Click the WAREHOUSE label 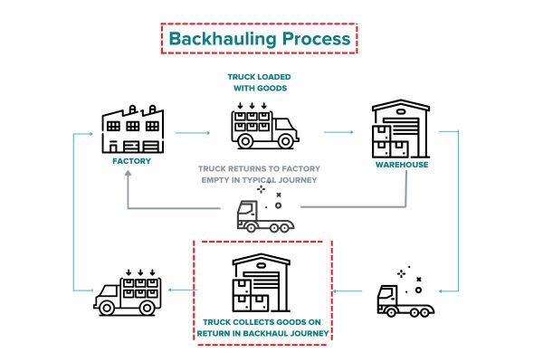click(400, 165)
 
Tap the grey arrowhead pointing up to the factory click(130, 176)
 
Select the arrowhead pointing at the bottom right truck click(438, 291)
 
